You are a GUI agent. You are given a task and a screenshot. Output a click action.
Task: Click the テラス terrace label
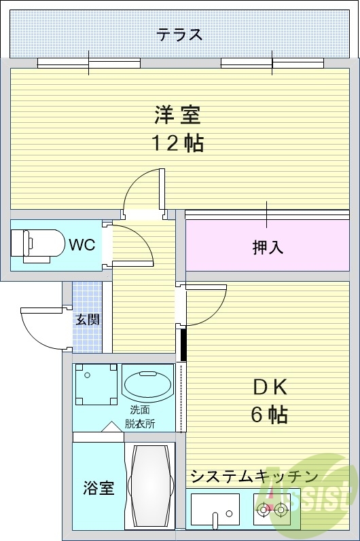coord(179,35)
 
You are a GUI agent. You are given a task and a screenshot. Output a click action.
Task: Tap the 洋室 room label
coord(177,115)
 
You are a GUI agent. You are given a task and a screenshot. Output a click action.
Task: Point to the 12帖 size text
coord(178,143)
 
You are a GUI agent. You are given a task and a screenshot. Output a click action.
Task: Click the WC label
coord(82,245)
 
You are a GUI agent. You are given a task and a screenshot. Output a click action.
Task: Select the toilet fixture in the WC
coord(37,245)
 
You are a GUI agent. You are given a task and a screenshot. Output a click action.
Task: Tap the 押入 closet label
coord(268,247)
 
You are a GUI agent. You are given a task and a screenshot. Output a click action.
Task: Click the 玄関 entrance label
coord(88,320)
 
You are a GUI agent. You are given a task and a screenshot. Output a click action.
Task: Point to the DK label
coord(270,388)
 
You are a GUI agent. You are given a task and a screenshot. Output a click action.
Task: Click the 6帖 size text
coord(269,414)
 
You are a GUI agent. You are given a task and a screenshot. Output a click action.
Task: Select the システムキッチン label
coord(255,477)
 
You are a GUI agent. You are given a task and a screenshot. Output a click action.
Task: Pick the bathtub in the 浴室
coord(150,487)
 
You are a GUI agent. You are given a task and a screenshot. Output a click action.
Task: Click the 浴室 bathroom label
coord(98,488)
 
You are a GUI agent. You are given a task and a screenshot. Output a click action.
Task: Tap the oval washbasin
coord(148,385)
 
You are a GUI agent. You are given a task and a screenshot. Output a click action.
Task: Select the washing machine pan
coord(96,384)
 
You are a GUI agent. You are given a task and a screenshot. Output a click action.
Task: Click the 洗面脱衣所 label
coord(140,417)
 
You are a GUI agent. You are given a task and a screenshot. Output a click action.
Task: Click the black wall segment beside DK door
coord(183,344)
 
